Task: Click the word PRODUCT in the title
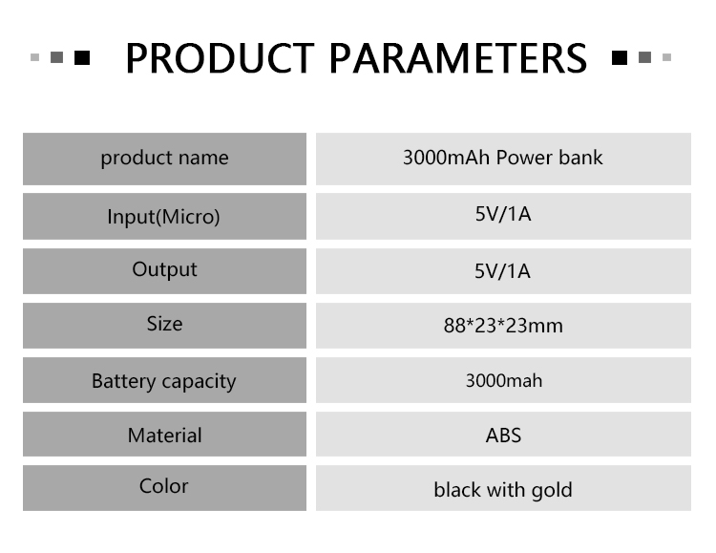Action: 221,58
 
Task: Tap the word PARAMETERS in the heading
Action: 458,58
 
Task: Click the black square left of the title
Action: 82,57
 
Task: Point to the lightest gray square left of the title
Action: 34,57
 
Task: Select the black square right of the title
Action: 620,57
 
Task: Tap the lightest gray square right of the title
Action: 666,57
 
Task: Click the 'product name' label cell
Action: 164,159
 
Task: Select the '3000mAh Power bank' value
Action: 503,158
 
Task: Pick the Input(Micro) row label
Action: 163,217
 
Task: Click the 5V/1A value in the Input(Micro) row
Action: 503,214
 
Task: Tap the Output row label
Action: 164,270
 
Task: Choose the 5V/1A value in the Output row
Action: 502,271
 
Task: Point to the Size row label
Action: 164,324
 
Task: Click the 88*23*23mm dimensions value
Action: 503,326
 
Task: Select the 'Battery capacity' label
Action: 164,381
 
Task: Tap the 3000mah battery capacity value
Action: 504,381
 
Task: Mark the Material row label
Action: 165,436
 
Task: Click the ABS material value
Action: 503,436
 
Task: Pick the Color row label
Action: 163,486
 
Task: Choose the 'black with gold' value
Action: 503,490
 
